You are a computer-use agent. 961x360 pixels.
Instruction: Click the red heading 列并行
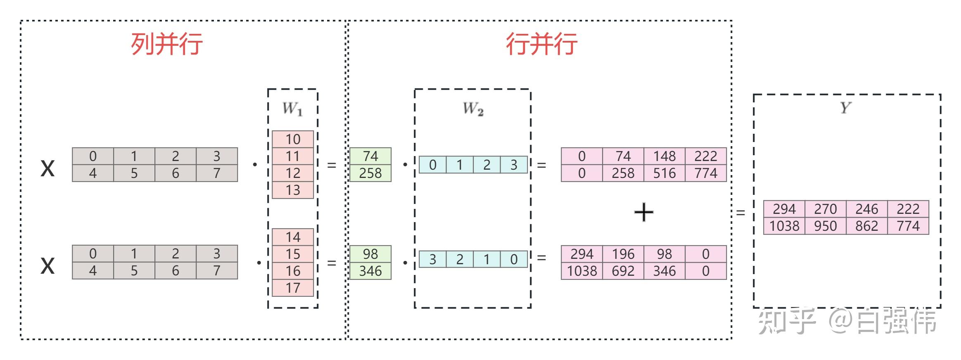[166, 44]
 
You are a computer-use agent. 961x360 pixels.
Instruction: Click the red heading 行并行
[541, 44]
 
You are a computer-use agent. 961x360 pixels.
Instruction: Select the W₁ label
[292, 109]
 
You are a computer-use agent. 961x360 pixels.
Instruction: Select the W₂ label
[473, 109]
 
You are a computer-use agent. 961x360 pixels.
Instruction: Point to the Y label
[845, 108]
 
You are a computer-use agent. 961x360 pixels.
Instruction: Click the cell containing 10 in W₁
[293, 140]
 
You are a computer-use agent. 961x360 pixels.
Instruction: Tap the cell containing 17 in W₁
[293, 288]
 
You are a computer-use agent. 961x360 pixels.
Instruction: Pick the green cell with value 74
[370, 156]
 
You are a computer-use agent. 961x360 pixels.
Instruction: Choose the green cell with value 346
[370, 271]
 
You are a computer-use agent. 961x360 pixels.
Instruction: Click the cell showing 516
[664, 173]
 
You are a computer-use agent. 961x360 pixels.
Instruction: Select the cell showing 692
[623, 271]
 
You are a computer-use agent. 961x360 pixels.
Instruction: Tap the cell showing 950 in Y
[825, 226]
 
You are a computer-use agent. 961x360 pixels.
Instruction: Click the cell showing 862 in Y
[866, 226]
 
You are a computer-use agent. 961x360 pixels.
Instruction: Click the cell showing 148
[664, 156]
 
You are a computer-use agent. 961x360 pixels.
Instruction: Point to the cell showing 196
[623, 254]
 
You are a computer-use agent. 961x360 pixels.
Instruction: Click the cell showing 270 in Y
[825, 209]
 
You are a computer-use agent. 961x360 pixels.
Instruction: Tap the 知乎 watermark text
[787, 321]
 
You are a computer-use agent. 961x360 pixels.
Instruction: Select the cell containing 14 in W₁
[293, 237]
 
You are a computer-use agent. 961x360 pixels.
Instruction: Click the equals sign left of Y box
[741, 213]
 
